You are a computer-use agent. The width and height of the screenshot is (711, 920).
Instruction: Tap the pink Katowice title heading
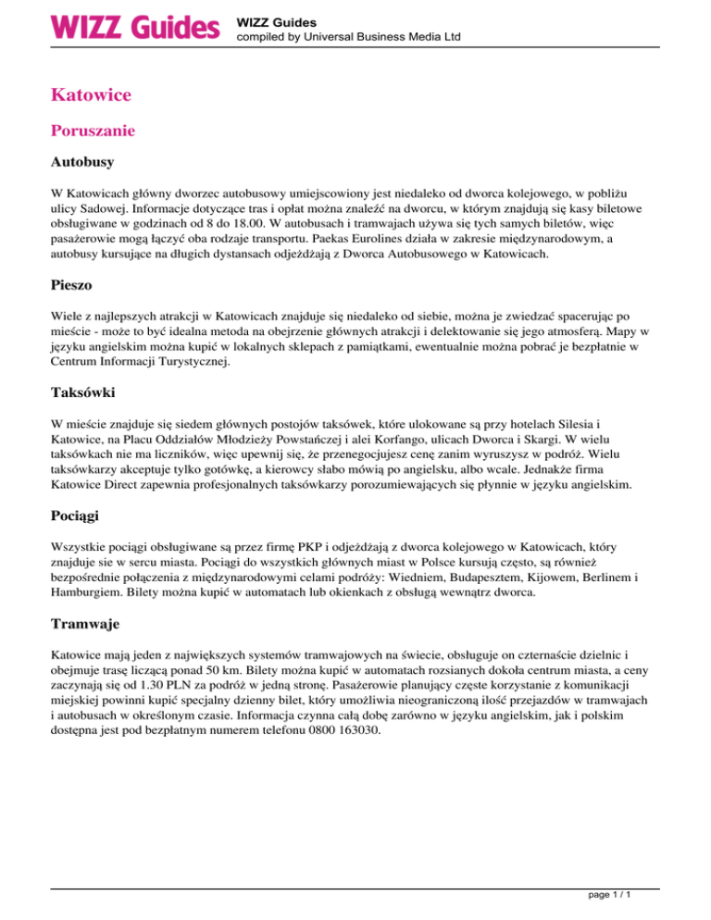[91, 94]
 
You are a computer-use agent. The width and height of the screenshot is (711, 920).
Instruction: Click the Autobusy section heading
[82, 163]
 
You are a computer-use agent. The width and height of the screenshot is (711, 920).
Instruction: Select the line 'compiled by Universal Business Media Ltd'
[348, 37]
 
